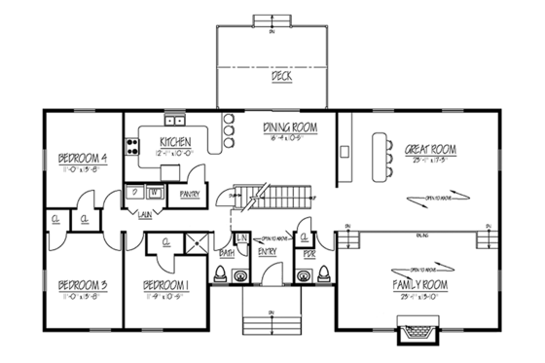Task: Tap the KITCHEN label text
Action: [x=176, y=145]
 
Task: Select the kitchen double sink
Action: [x=175, y=121]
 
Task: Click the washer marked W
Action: [x=154, y=192]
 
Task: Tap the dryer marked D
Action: [x=134, y=192]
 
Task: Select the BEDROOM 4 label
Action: [x=82, y=159]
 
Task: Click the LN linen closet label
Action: [x=242, y=238]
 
